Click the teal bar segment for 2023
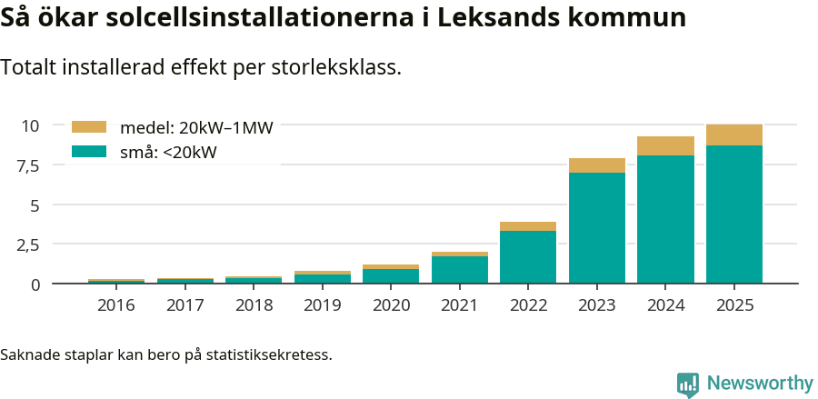point(597,227)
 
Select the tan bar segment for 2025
point(734,135)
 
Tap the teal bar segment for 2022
point(528,256)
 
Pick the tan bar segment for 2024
point(665,145)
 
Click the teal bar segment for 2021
point(460,269)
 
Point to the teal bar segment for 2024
point(665,219)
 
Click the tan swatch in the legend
point(89,127)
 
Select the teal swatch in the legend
point(89,152)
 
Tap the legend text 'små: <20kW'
point(168,153)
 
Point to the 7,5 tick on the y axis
point(27,165)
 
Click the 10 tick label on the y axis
point(31,125)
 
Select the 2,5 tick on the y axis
point(27,244)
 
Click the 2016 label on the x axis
point(115,304)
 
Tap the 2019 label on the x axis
point(322,304)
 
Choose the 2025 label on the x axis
point(734,304)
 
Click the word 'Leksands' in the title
point(498,17)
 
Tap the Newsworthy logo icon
point(688,384)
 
